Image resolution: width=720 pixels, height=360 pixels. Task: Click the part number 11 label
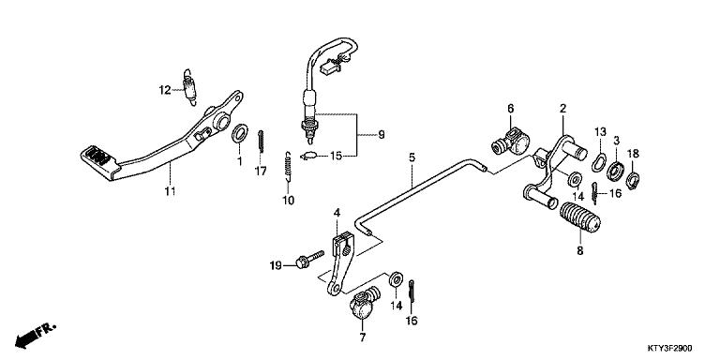(x=170, y=192)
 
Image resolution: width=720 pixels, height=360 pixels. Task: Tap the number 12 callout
(x=164, y=90)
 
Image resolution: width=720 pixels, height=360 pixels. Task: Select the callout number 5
(x=411, y=157)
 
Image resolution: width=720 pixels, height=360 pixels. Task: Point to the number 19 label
(x=275, y=265)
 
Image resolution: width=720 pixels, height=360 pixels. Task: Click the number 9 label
(x=381, y=135)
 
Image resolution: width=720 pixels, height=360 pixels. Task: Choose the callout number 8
(x=579, y=250)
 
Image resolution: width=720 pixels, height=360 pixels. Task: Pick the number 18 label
(x=634, y=153)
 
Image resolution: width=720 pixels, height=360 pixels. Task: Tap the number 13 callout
(x=601, y=133)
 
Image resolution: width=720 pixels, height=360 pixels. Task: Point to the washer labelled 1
(x=239, y=134)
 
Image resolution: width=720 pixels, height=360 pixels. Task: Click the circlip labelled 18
(x=635, y=174)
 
